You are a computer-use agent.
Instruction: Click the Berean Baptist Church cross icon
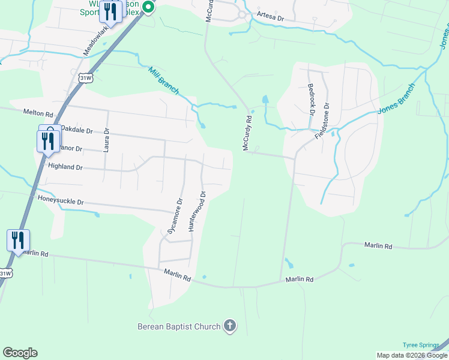point(229,326)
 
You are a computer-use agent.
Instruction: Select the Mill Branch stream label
point(163,80)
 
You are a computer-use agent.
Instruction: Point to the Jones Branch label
point(396,100)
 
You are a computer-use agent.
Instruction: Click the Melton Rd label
point(38,113)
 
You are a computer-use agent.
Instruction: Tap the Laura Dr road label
point(106,140)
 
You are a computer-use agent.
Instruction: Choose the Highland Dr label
point(65,167)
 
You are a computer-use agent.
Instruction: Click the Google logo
point(20,353)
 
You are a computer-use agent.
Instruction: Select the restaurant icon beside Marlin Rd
point(18,241)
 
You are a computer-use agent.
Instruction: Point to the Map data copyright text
point(412,355)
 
